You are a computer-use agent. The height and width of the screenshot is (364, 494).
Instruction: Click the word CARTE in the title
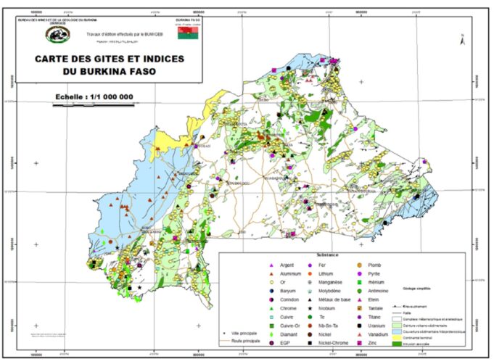tap(52, 62)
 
